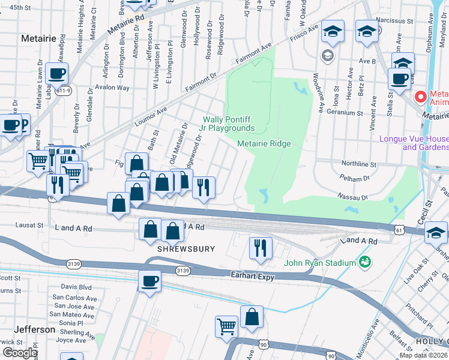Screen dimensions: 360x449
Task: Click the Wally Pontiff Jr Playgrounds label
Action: pyautogui.click(x=228, y=124)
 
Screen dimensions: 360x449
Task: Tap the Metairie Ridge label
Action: pyautogui.click(x=264, y=143)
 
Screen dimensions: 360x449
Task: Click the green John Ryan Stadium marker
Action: pyautogui.click(x=364, y=262)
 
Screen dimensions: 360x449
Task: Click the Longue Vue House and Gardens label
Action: pyautogui.click(x=414, y=143)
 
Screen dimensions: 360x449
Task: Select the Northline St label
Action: pyautogui.click(x=358, y=164)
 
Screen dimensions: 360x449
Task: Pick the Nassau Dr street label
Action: pyautogui.click(x=352, y=197)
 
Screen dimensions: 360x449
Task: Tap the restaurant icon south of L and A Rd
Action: pyautogui.click(x=261, y=247)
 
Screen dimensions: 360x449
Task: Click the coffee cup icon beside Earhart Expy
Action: pyautogui.click(x=150, y=280)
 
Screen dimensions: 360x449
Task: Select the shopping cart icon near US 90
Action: pyautogui.click(x=226, y=326)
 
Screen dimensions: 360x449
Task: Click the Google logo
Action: pyautogui.click(x=19, y=353)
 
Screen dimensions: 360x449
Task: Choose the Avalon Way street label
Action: pyautogui.click(x=116, y=88)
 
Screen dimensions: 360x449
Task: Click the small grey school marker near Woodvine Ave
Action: pyautogui.click(x=327, y=56)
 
